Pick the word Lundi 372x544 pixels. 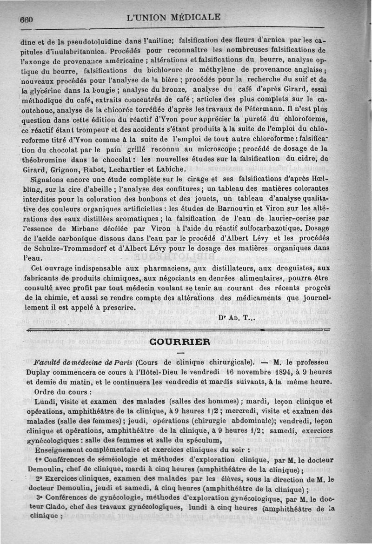pos(45,401)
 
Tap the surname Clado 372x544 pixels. pos(63,506)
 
